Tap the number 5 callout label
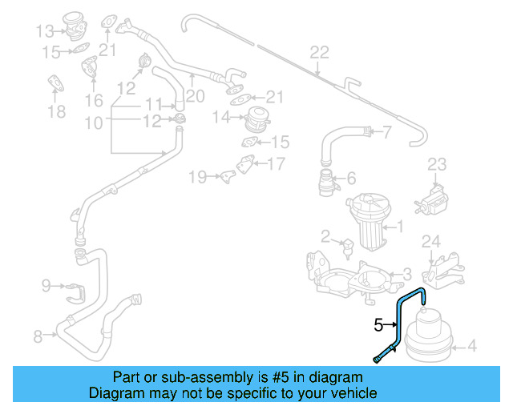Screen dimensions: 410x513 tap(378, 325)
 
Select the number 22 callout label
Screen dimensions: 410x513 tap(319, 53)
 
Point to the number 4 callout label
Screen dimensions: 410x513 tap(471, 347)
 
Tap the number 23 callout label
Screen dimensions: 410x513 tap(436, 165)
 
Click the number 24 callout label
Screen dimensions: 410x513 tap(431, 240)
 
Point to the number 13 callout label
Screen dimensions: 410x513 tap(45, 31)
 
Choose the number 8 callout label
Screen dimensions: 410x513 tap(38, 336)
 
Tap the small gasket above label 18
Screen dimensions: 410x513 tap(56, 83)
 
